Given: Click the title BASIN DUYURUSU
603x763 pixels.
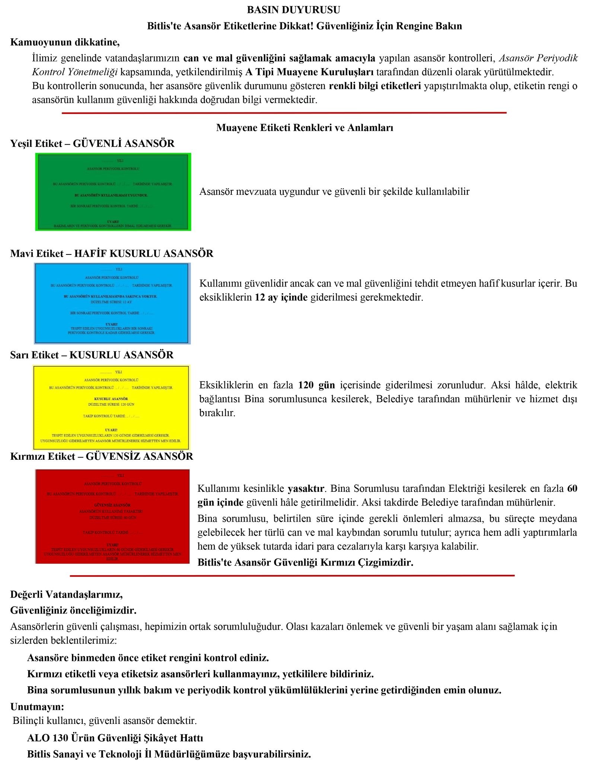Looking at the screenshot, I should coord(293,10).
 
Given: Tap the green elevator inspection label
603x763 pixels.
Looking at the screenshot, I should coord(113,192).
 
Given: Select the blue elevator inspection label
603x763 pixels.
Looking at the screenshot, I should coord(112,303).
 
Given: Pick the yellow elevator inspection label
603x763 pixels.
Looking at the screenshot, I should coord(111,408).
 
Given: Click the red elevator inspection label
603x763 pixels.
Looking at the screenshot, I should coord(112,516).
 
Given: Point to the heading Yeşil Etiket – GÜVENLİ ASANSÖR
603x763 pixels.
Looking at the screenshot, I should coord(92,143).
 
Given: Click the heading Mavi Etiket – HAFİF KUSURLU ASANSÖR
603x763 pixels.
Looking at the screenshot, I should coord(112,254).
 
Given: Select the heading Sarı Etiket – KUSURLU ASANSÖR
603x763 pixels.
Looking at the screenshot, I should coord(92,355).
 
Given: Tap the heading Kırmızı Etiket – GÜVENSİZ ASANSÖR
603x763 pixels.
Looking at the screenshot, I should coord(102,456).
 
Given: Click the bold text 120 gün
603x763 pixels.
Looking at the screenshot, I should coord(316,385).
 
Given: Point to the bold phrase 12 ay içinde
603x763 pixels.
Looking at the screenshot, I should coord(281,297).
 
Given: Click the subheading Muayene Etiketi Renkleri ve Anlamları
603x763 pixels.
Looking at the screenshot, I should coord(304,128).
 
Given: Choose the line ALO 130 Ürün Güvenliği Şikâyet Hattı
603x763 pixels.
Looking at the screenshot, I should coord(115,738).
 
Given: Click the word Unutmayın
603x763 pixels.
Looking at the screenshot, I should coord(37,707).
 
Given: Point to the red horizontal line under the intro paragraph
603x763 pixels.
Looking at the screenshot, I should coord(284,113).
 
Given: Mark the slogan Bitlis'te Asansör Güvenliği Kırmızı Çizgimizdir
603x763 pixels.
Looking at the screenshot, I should coord(305,562).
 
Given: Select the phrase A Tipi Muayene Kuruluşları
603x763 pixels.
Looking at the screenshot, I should coord(309,72).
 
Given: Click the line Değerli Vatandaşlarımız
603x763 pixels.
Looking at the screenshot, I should coord(66,594).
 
